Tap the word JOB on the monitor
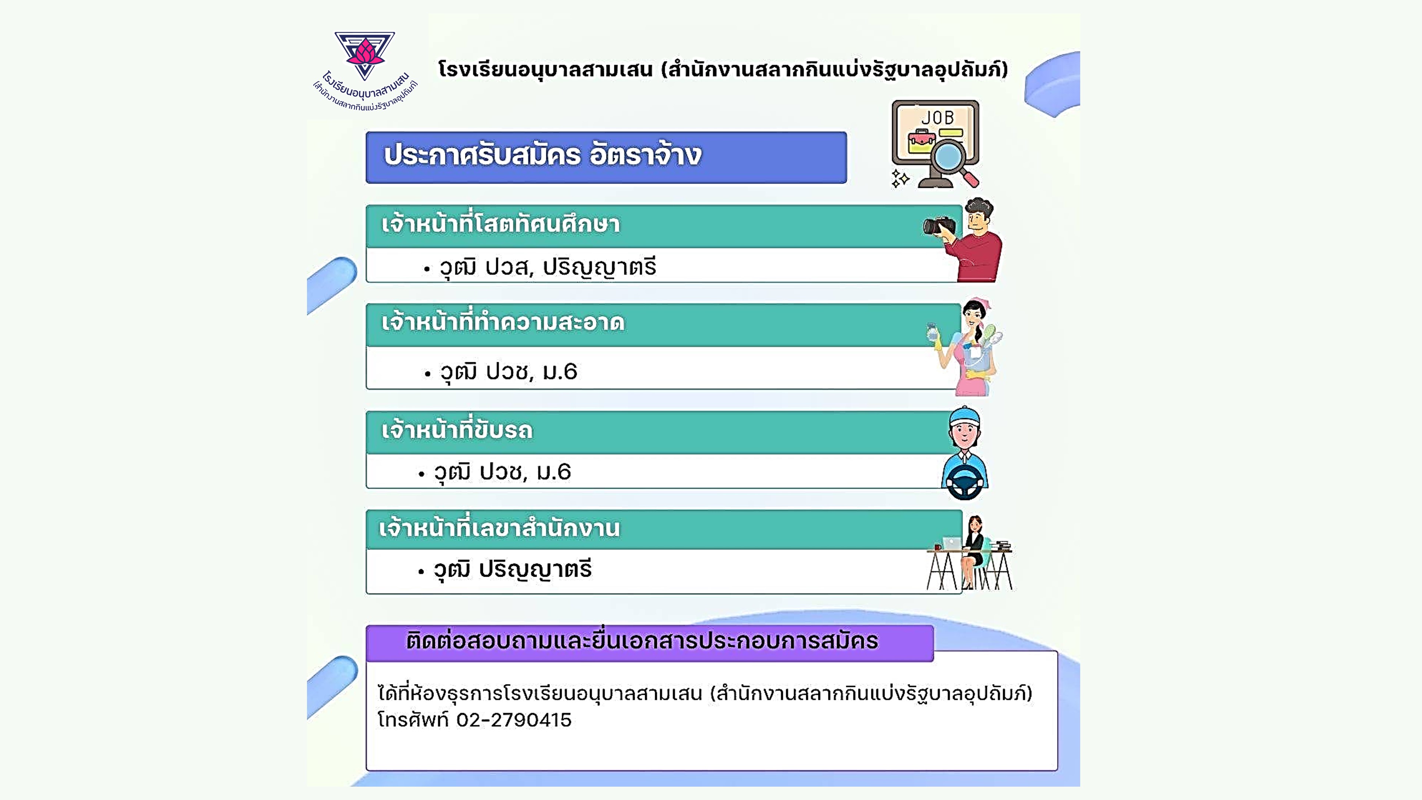(937, 118)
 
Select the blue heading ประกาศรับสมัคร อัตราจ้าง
(543, 155)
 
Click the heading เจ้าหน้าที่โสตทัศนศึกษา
(501, 224)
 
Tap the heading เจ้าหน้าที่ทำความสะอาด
(503, 322)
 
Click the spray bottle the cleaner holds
(932, 333)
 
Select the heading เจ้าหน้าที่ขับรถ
(457, 430)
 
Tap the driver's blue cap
(964, 416)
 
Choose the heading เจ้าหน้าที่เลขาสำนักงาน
(499, 528)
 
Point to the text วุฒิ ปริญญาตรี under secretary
(512, 569)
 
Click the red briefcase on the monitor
(921, 140)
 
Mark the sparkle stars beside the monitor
(900, 178)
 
